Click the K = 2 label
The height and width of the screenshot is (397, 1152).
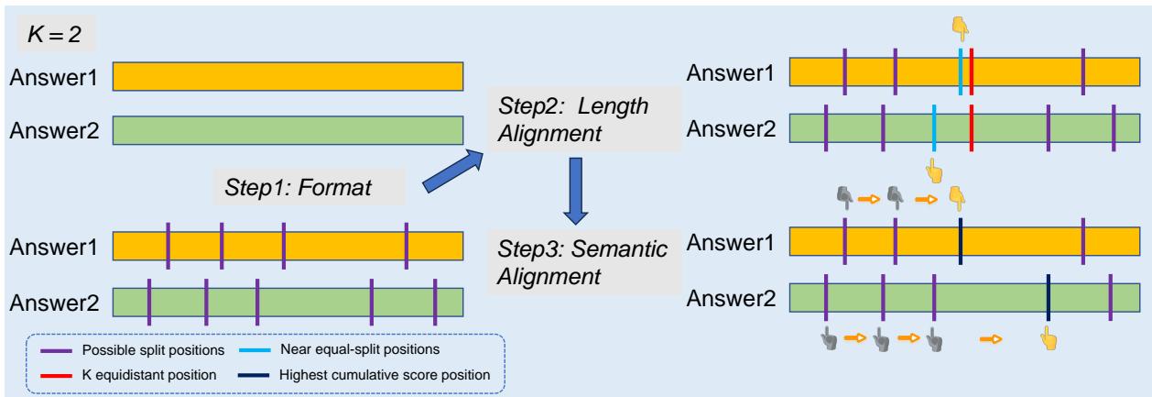(60, 41)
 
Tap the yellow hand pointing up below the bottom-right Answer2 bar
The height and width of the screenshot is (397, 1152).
(1048, 340)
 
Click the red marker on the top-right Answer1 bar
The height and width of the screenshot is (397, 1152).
(971, 72)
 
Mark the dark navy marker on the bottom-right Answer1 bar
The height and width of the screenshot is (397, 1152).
(960, 243)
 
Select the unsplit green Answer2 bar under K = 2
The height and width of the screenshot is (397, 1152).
(288, 130)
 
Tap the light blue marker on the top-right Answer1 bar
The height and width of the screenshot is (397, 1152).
(960, 72)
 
